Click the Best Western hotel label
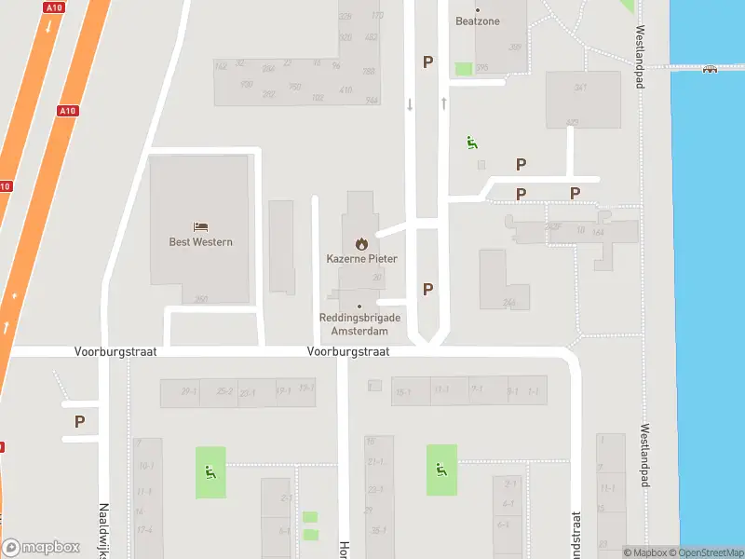[x=200, y=242]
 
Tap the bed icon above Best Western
[x=200, y=226]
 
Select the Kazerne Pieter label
[x=361, y=258]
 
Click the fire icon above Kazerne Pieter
[x=361, y=243]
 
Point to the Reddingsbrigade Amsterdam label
[x=360, y=323]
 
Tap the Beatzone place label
[x=478, y=20]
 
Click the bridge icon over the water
[x=710, y=67]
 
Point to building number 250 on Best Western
[x=201, y=299]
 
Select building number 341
[x=580, y=88]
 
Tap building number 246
[x=508, y=302]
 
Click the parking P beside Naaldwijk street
[x=79, y=421]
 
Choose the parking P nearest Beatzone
[x=428, y=61]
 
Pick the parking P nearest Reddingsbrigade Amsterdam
[x=427, y=289]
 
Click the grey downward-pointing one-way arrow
[x=410, y=104]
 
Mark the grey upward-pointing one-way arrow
[x=444, y=103]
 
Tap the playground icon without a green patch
[x=472, y=143]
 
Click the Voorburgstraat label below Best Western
[x=115, y=352]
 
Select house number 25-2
[x=224, y=391]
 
